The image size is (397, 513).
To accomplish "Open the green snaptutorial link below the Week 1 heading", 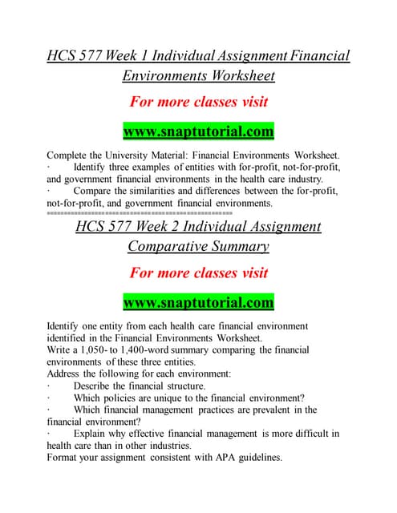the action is pos(198,130).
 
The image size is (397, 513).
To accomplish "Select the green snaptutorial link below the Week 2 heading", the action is pos(198,303).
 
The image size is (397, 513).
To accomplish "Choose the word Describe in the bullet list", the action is pos(95,386).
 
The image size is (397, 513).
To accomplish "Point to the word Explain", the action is pos(92,434).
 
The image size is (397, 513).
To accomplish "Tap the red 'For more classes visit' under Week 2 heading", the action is pos(198,273).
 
